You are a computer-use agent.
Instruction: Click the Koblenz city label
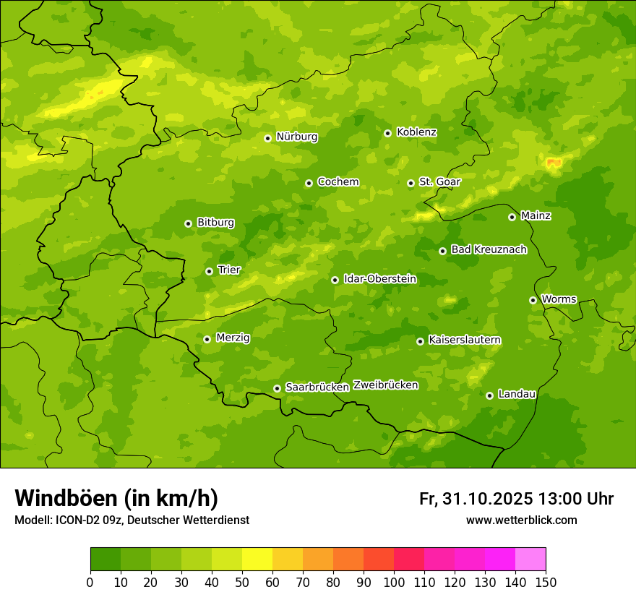[416, 132]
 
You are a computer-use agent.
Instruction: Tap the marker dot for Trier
[209, 271]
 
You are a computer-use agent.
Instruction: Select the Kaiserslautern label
[465, 340]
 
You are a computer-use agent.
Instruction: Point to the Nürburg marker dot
[267, 138]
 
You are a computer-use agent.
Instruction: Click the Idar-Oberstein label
[380, 279]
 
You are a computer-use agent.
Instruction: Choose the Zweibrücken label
[385, 385]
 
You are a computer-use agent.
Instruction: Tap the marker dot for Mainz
[512, 217]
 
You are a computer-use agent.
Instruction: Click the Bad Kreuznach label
[489, 249]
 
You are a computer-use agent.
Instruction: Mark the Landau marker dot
[489, 395]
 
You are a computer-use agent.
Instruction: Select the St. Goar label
[439, 182]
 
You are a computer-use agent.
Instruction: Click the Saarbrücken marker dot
[277, 388]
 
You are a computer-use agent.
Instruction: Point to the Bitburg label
[215, 223]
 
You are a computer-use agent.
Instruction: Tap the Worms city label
[559, 299]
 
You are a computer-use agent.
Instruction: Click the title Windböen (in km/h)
[116, 498]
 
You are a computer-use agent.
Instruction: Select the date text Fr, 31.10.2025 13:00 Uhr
[516, 499]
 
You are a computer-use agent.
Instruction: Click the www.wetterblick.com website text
[521, 520]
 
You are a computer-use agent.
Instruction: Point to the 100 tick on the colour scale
[394, 582]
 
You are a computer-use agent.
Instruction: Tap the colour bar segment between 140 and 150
[530, 560]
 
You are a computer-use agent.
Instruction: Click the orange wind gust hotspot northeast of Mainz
[554, 163]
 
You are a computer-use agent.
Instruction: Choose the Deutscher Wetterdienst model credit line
[132, 520]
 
